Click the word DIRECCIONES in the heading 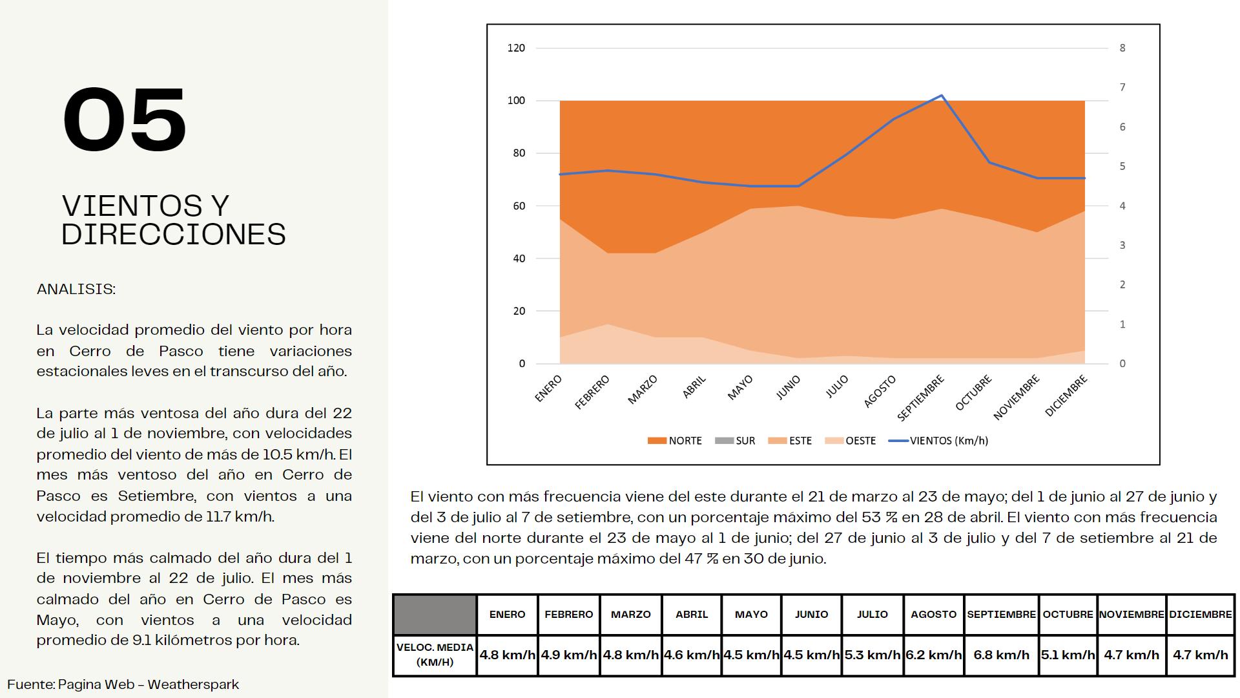coord(173,234)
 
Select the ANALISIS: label coord(76,289)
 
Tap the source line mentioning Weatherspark coord(123,684)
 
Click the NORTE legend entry coord(675,441)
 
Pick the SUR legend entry coord(736,441)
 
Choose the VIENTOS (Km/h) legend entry coord(939,441)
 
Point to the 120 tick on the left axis coord(516,48)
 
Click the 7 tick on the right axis coord(1122,87)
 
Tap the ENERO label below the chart coord(549,388)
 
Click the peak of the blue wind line coord(942,96)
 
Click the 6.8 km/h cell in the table coord(1001,655)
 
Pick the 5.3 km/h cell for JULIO coord(872,655)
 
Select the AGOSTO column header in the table coord(933,614)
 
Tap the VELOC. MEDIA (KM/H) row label coord(435,655)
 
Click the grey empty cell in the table coord(435,614)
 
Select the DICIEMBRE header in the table coord(1200,614)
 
